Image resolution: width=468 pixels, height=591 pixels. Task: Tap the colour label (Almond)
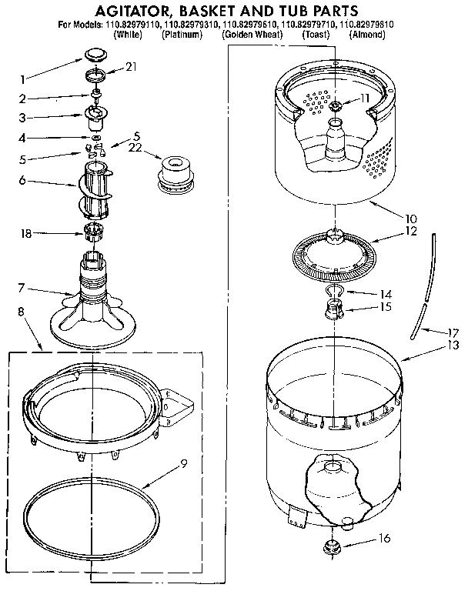[371, 35]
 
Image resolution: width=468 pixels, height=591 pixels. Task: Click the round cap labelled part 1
[95, 54]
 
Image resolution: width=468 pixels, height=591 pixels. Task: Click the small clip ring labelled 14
[334, 291]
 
